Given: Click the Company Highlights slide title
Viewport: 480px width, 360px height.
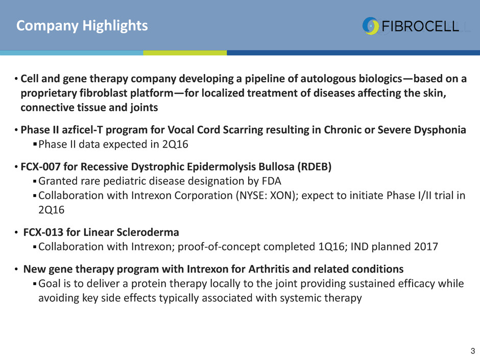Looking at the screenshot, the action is [x=82, y=26].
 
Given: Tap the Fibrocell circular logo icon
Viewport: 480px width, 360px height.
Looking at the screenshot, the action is [x=371, y=26].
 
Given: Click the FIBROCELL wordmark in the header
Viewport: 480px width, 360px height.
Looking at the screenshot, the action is [x=420, y=27].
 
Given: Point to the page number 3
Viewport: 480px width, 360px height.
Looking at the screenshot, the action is [x=473, y=351].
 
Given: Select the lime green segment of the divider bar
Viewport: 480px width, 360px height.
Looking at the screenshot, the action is [x=185, y=53].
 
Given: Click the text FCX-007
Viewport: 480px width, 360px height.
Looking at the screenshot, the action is [x=40, y=166].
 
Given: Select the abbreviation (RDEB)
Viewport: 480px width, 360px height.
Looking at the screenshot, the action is [x=315, y=167].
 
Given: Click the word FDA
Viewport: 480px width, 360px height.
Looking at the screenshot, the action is [x=272, y=181].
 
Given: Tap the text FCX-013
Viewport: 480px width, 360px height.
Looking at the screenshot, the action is [x=43, y=232].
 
